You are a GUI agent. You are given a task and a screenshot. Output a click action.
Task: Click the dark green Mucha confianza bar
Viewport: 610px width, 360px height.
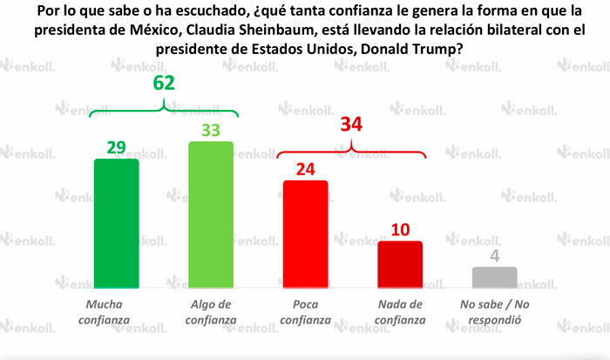point(116,223)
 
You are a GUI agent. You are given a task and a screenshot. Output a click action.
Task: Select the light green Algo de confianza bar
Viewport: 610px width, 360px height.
point(212,214)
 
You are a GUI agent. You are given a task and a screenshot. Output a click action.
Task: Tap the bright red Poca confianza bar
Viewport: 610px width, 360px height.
point(305,234)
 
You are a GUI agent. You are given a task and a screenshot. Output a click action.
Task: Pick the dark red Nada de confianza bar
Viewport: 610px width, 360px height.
point(400,264)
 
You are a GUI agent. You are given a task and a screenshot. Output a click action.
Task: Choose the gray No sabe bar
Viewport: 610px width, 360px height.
point(494,277)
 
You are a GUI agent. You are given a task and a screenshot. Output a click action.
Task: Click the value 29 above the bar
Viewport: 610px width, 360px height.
point(116,147)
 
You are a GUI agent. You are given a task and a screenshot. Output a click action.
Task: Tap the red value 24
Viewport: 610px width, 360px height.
point(305,169)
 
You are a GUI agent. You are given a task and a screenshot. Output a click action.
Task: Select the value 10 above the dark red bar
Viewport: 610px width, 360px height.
point(400,229)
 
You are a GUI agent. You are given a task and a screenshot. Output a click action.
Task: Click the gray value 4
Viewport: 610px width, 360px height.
point(494,256)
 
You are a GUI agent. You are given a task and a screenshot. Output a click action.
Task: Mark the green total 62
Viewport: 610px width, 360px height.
point(164,85)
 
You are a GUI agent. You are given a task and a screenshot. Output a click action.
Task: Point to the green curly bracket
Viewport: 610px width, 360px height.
point(164,109)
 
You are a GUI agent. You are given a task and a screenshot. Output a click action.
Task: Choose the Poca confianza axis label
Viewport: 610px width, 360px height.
point(305,312)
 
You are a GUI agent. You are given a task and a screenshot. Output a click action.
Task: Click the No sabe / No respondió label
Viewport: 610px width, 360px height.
point(494,312)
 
